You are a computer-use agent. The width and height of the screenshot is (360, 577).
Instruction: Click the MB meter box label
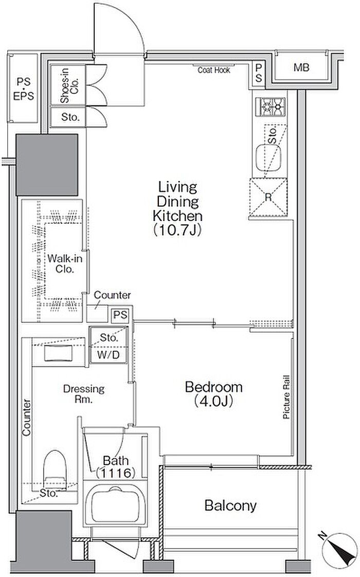(x=301, y=68)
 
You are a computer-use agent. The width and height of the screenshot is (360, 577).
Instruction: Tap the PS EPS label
(x=23, y=88)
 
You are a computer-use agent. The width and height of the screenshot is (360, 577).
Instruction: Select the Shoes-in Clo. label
(x=69, y=86)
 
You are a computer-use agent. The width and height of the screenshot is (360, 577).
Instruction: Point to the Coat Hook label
(x=214, y=70)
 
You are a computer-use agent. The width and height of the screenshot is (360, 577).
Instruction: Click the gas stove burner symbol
(x=273, y=107)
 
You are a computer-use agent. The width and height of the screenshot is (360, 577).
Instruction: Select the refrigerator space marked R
(x=268, y=197)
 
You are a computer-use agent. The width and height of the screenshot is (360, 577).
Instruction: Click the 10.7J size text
(x=177, y=230)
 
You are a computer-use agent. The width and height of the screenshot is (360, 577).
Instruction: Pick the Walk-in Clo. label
(x=65, y=263)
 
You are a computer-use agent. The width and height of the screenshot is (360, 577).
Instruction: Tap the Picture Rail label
(x=286, y=397)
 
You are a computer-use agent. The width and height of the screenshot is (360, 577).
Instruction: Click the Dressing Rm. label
(x=84, y=394)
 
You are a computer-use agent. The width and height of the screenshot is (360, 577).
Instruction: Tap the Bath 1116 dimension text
(x=116, y=467)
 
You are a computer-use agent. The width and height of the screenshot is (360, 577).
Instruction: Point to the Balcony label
(x=230, y=506)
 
